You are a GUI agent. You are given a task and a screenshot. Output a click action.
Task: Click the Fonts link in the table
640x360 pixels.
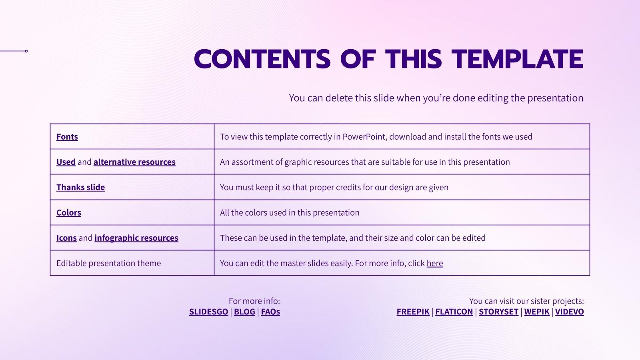click(x=67, y=137)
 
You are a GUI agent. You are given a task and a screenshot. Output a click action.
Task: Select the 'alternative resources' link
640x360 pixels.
click(x=134, y=162)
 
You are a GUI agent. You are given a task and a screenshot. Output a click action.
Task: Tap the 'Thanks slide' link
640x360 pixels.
click(x=80, y=187)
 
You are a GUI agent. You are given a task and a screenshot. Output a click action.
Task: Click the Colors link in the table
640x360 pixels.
click(x=69, y=212)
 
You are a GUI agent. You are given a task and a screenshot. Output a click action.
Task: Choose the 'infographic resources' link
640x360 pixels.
click(x=136, y=238)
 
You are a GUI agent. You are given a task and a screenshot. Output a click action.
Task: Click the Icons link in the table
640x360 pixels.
click(x=66, y=238)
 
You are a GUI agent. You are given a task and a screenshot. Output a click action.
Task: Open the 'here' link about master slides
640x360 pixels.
click(x=435, y=263)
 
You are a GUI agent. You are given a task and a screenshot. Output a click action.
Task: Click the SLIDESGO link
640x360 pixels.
click(x=208, y=312)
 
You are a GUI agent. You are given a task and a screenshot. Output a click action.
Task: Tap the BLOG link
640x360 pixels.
click(x=244, y=312)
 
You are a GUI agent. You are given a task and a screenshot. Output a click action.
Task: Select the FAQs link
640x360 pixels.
click(x=270, y=312)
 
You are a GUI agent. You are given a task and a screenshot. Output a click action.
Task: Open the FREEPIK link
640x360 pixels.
click(x=413, y=312)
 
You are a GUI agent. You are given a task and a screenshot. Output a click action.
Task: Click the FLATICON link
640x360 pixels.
click(x=454, y=312)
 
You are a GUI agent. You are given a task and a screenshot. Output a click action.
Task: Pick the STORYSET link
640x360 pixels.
click(x=498, y=312)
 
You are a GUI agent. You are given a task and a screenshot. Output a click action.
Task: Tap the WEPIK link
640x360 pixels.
click(x=537, y=312)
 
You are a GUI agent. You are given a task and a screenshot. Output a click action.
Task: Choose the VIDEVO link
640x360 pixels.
click(x=569, y=312)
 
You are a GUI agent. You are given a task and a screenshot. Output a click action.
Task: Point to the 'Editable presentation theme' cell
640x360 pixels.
click(x=109, y=263)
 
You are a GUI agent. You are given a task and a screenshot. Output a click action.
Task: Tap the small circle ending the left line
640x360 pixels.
click(x=26, y=51)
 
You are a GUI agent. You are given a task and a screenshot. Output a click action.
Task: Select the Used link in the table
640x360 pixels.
click(x=66, y=162)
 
